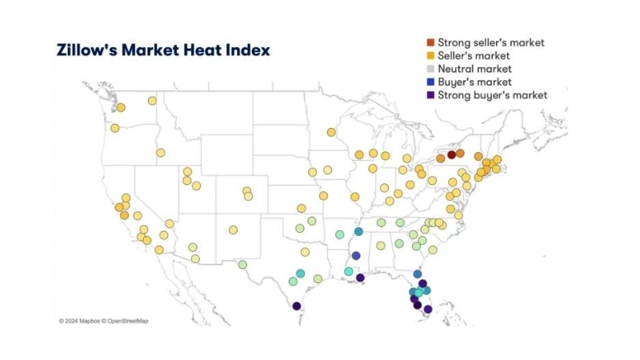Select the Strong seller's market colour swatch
[x=430, y=42]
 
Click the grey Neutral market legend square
[x=430, y=69]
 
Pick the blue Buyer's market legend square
[x=430, y=82]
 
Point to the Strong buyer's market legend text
[x=492, y=95]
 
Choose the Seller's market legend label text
[x=474, y=56]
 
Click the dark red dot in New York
[x=451, y=155]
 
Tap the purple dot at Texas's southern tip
[x=297, y=306]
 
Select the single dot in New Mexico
[x=233, y=230]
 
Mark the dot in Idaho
[x=161, y=153]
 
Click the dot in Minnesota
[x=331, y=132]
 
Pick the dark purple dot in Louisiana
[x=360, y=278]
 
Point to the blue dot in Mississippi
[x=356, y=256]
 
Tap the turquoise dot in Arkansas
[x=340, y=234]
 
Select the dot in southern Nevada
[x=170, y=223]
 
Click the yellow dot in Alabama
[x=381, y=246]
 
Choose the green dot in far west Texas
[x=242, y=264]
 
